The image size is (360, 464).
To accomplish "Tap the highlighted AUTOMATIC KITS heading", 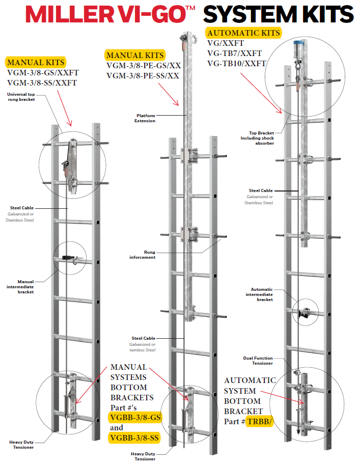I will [x=243, y=33].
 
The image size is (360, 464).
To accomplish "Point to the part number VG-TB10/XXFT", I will [x=236, y=64].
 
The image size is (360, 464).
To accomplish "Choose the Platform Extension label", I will [x=145, y=118].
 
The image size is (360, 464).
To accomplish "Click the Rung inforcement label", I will [x=143, y=255].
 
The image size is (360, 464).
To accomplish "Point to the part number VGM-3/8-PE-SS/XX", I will [x=143, y=76].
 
